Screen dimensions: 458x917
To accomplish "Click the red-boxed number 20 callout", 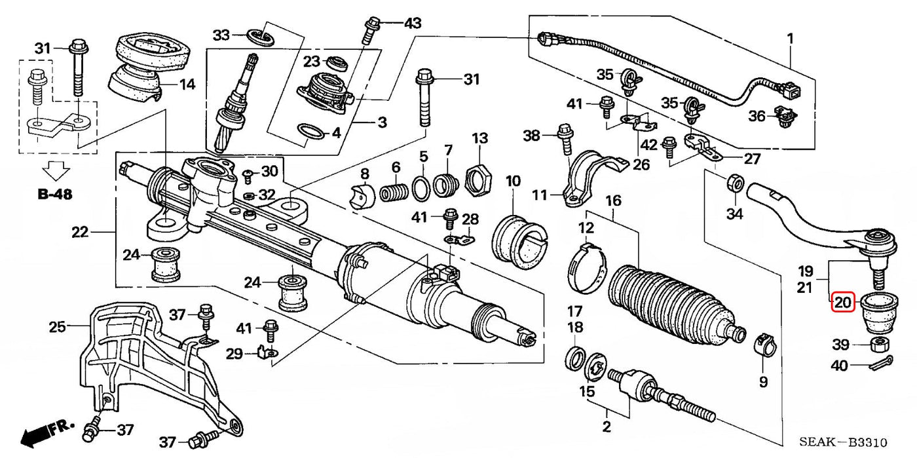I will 842,303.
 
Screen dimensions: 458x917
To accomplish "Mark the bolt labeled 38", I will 563,142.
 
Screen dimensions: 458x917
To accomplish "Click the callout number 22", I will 79,232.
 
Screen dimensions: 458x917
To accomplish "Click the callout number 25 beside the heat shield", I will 58,326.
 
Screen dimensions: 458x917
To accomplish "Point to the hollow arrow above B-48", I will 55,172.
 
